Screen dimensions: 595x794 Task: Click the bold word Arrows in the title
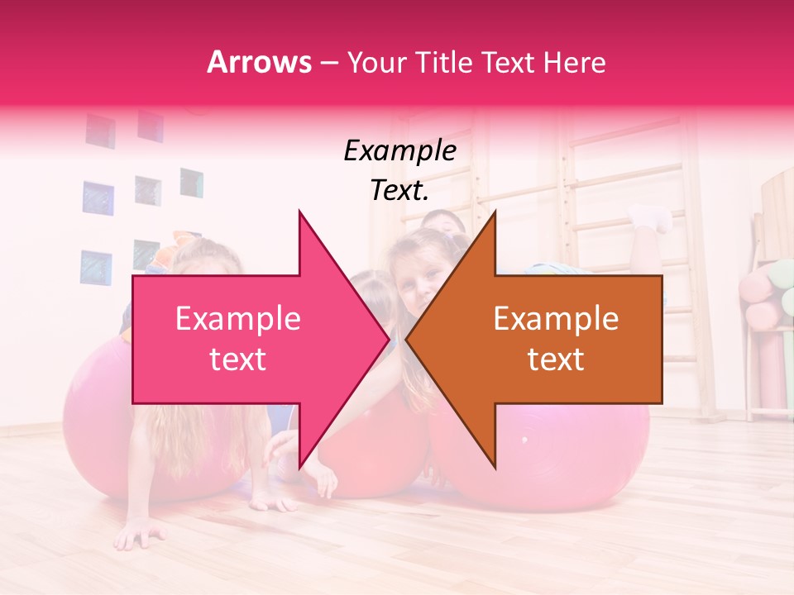(260, 62)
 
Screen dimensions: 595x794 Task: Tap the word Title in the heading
(442, 62)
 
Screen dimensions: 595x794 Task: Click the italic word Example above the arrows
(399, 151)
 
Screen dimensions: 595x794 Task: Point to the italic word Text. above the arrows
(399, 190)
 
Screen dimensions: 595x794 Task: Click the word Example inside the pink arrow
(237, 319)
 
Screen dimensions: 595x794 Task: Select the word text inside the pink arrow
(237, 359)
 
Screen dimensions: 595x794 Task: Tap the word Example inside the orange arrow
(556, 319)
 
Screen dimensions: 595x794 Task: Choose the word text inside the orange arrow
(556, 359)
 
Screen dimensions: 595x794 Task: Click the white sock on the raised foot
(653, 217)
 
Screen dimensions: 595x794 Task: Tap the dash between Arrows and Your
(328, 62)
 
